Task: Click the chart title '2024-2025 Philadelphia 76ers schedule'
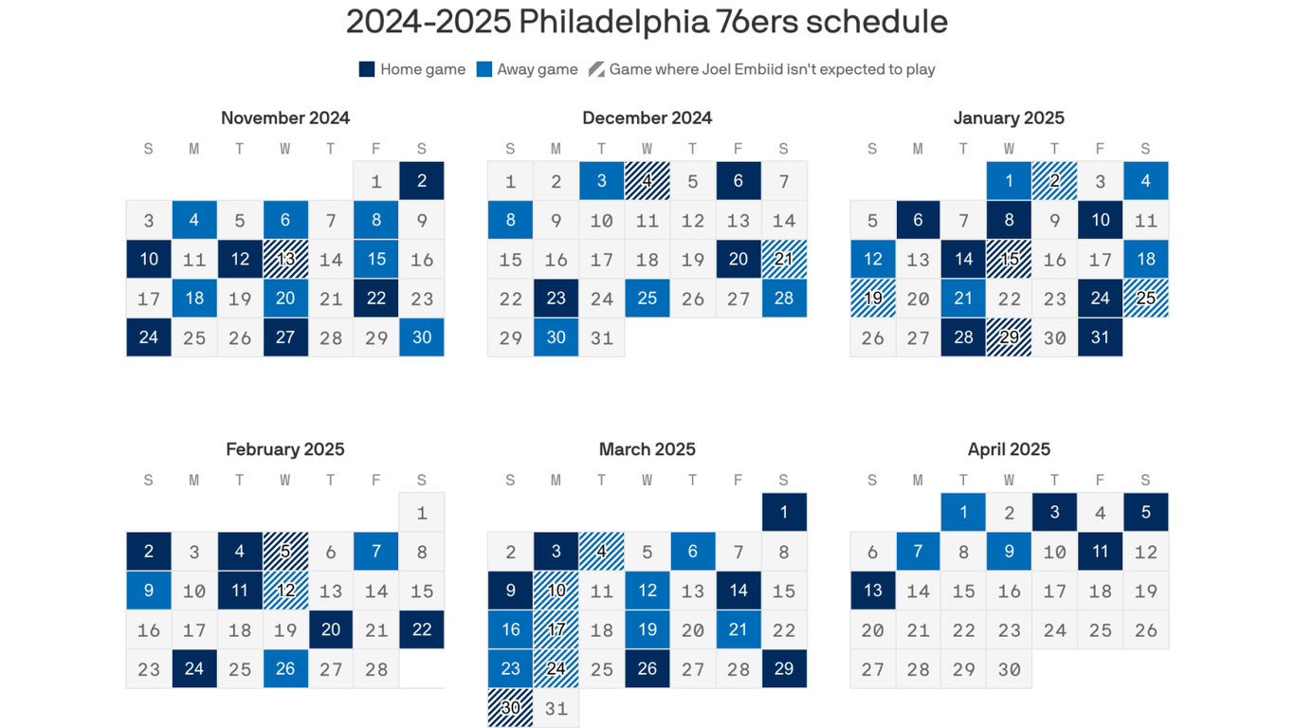point(647,22)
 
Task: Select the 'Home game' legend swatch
point(367,69)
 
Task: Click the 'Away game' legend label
point(537,69)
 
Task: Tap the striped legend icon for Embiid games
point(596,69)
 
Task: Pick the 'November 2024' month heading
point(285,118)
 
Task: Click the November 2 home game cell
point(422,181)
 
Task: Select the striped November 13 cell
point(285,260)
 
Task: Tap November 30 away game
point(422,337)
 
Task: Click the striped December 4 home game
point(647,181)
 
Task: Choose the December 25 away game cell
point(647,299)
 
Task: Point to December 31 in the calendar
point(602,337)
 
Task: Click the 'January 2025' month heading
point(1009,118)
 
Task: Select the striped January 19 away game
point(873,299)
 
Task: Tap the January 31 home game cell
point(1100,337)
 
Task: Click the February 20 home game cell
point(331,629)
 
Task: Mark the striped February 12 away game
point(285,591)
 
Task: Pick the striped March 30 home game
point(511,708)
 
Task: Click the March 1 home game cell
point(784,513)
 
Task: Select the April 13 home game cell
point(873,591)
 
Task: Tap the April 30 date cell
point(1009,669)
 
